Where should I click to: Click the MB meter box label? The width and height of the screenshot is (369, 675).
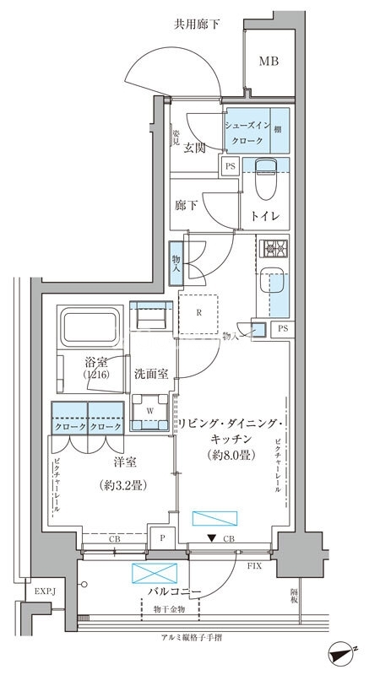pyautogui.click(x=269, y=62)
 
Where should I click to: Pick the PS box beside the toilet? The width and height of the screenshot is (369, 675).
pyautogui.click(x=230, y=167)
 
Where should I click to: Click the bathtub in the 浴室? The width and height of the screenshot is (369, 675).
pyautogui.click(x=90, y=325)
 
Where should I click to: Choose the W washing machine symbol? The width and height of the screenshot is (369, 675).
pyautogui.click(x=150, y=413)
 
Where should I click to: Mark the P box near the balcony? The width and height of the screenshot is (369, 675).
pyautogui.click(x=160, y=537)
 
